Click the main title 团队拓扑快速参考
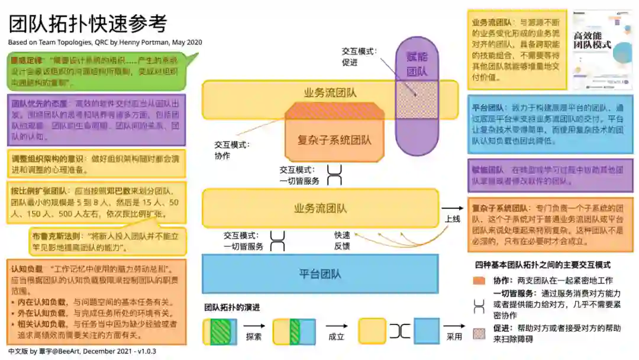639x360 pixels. tap(88, 24)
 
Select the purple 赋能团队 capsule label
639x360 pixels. tap(417, 64)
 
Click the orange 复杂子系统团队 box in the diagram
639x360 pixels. tap(334, 140)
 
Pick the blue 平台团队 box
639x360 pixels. tap(320, 274)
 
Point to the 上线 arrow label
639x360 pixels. tap(453, 219)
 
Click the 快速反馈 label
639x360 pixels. tap(342, 240)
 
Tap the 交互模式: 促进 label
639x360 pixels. tap(359, 57)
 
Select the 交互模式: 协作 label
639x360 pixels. tap(232, 150)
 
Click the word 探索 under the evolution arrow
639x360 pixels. tap(254, 337)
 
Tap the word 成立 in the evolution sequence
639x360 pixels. tap(336, 337)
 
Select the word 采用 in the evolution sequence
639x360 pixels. tap(454, 337)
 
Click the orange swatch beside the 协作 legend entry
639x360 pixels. tap(480, 281)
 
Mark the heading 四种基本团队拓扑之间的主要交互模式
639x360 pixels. tap(543, 265)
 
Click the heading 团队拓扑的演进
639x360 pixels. tap(233, 308)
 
